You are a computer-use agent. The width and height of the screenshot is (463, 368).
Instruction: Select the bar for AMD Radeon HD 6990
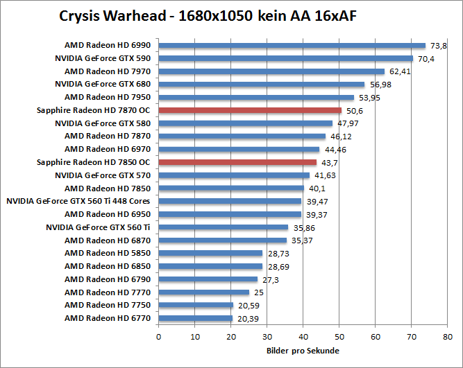292,45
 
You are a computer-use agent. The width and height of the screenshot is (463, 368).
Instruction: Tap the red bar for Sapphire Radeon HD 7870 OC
250,110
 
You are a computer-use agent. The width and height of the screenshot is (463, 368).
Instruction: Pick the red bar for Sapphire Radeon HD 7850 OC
237,162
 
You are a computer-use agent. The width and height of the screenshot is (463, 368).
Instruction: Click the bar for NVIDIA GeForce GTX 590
285,58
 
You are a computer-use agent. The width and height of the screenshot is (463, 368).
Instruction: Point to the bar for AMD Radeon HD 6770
195,318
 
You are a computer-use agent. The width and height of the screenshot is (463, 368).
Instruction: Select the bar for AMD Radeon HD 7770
203,292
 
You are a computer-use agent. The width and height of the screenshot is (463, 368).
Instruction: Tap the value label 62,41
400,71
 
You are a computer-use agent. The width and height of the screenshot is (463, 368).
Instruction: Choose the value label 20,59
246,305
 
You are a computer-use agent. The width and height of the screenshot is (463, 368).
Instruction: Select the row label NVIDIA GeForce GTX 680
103,84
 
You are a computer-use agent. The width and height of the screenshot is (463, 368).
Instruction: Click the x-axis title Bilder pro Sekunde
303,351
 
